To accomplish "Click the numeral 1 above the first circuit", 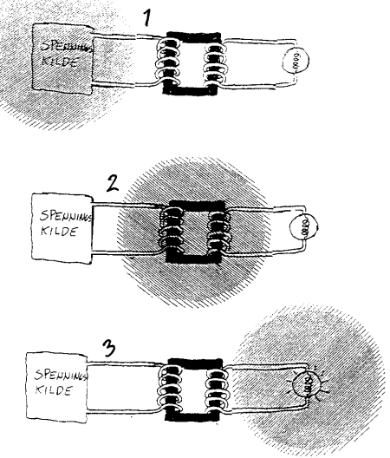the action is click(x=148, y=17).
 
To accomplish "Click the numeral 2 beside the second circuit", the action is click(x=113, y=184).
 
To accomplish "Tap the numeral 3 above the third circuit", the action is click(x=108, y=349).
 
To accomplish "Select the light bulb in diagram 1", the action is click(x=296, y=60).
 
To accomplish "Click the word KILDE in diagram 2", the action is click(x=59, y=231).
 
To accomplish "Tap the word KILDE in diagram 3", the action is click(x=54, y=390).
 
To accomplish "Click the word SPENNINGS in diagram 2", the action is click(x=66, y=217).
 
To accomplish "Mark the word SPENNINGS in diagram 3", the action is click(x=61, y=376).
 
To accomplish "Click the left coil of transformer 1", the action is click(x=167, y=62).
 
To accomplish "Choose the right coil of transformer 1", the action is click(x=216, y=62).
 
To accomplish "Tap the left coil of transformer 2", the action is click(x=172, y=230).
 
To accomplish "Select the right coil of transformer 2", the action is click(x=219, y=230).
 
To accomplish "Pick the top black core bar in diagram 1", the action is click(x=193, y=37).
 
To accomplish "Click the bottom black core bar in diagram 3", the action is click(x=192, y=415).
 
